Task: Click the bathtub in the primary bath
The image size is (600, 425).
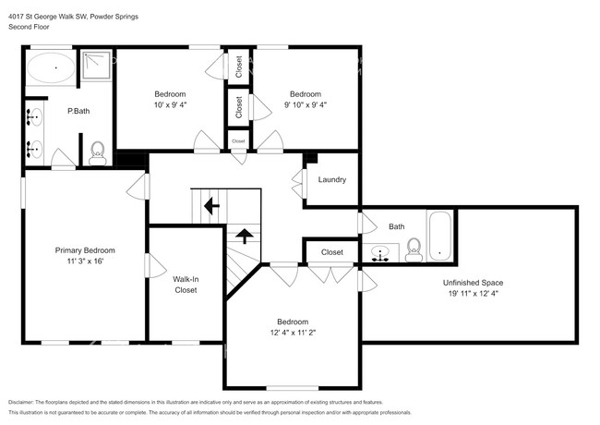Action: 52,69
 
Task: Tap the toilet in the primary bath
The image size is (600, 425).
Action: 98,152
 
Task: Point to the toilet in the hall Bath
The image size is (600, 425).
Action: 414,249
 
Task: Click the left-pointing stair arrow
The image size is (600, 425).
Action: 210,205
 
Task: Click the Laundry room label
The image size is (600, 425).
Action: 332,179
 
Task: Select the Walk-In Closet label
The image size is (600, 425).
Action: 186,284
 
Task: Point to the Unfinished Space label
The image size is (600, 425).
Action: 473,283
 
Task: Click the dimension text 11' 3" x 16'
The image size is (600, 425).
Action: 85,261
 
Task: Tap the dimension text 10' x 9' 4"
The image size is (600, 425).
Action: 170,104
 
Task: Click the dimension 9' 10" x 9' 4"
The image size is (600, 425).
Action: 305,104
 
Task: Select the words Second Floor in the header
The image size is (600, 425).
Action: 30,28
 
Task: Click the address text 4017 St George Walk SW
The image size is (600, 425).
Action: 47,17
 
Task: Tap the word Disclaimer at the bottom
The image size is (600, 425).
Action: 25,403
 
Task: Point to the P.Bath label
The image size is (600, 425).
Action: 78,112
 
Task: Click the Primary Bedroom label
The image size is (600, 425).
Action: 85,250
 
